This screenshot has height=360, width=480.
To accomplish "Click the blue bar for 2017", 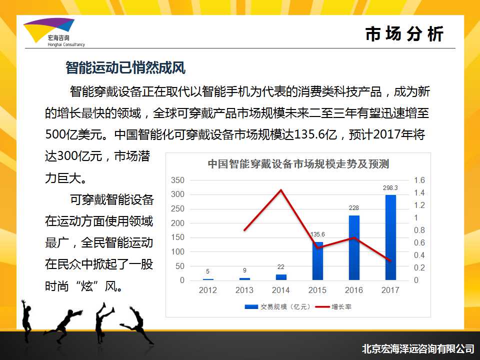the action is [390, 237].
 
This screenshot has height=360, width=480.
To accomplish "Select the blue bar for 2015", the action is [317, 261].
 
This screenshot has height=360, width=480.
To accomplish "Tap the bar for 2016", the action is [354, 247].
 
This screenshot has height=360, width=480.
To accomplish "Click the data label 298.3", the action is [390, 188].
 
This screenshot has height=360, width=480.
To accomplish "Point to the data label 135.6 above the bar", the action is [317, 234].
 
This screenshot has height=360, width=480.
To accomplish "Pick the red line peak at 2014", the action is [281, 190].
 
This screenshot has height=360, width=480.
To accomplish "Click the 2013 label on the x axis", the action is [244, 290].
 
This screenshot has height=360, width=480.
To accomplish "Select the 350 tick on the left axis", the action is [177, 180].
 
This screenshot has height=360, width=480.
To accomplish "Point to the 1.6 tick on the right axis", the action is [419, 180].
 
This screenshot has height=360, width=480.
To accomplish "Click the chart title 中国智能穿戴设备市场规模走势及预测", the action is [298, 164].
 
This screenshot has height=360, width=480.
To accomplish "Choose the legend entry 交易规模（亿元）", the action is [278, 306].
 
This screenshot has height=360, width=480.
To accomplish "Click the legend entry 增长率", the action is [333, 306].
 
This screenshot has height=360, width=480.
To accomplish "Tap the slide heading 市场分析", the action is [404, 33].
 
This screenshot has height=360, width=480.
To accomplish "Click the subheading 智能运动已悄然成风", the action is [125, 67].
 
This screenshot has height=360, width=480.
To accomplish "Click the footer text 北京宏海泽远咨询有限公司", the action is [418, 348].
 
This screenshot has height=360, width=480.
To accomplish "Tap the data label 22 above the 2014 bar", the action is [281, 267].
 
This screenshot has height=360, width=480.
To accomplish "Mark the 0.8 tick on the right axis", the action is [419, 230].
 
